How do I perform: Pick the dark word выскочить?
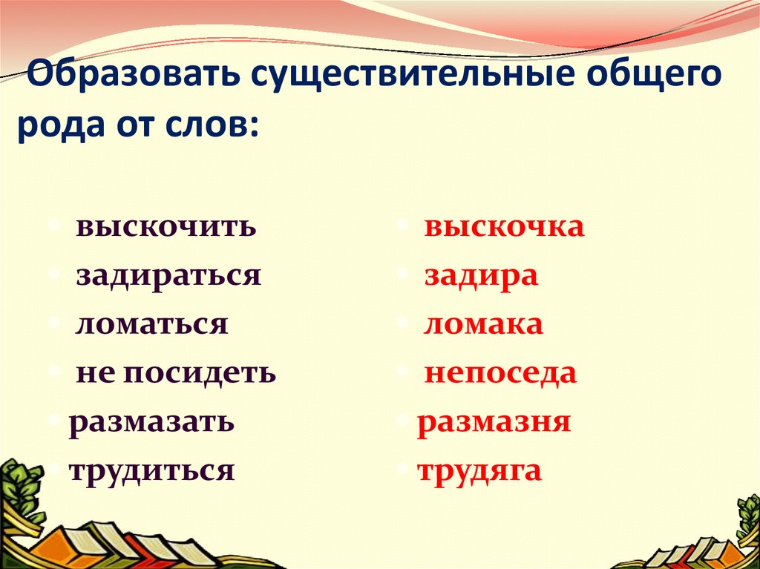166,227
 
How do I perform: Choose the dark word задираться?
168,275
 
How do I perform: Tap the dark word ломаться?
151,324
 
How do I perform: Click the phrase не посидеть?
176,372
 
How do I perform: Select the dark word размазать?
152,421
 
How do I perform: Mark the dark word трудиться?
152,470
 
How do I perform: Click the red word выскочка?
504,227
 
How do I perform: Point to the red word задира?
481,276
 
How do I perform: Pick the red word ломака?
483,324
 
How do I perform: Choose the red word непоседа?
500,372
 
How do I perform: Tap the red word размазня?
494,421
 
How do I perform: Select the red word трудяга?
479,470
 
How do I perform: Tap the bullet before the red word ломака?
402,322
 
